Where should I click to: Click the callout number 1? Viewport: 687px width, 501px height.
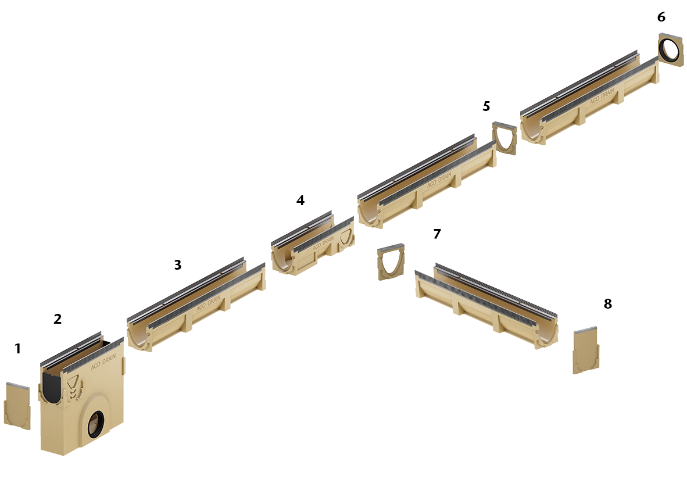(x=17, y=349)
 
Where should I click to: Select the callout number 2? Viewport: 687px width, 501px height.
(x=58, y=319)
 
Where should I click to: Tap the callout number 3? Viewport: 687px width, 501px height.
(x=178, y=265)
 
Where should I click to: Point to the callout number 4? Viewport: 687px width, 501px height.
(x=300, y=201)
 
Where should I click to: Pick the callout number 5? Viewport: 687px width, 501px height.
(x=486, y=106)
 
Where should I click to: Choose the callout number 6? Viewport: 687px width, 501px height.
(x=661, y=17)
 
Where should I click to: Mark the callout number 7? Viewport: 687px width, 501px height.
(x=437, y=234)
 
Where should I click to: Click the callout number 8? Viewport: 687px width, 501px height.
(x=608, y=304)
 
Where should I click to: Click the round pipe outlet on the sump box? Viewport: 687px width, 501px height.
(x=96, y=424)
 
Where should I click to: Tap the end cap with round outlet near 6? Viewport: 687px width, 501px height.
(x=672, y=49)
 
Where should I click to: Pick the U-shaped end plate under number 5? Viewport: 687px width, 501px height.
(x=504, y=139)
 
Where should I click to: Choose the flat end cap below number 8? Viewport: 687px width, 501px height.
(x=586, y=351)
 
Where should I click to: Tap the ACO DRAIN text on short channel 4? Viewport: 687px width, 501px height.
(x=324, y=242)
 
